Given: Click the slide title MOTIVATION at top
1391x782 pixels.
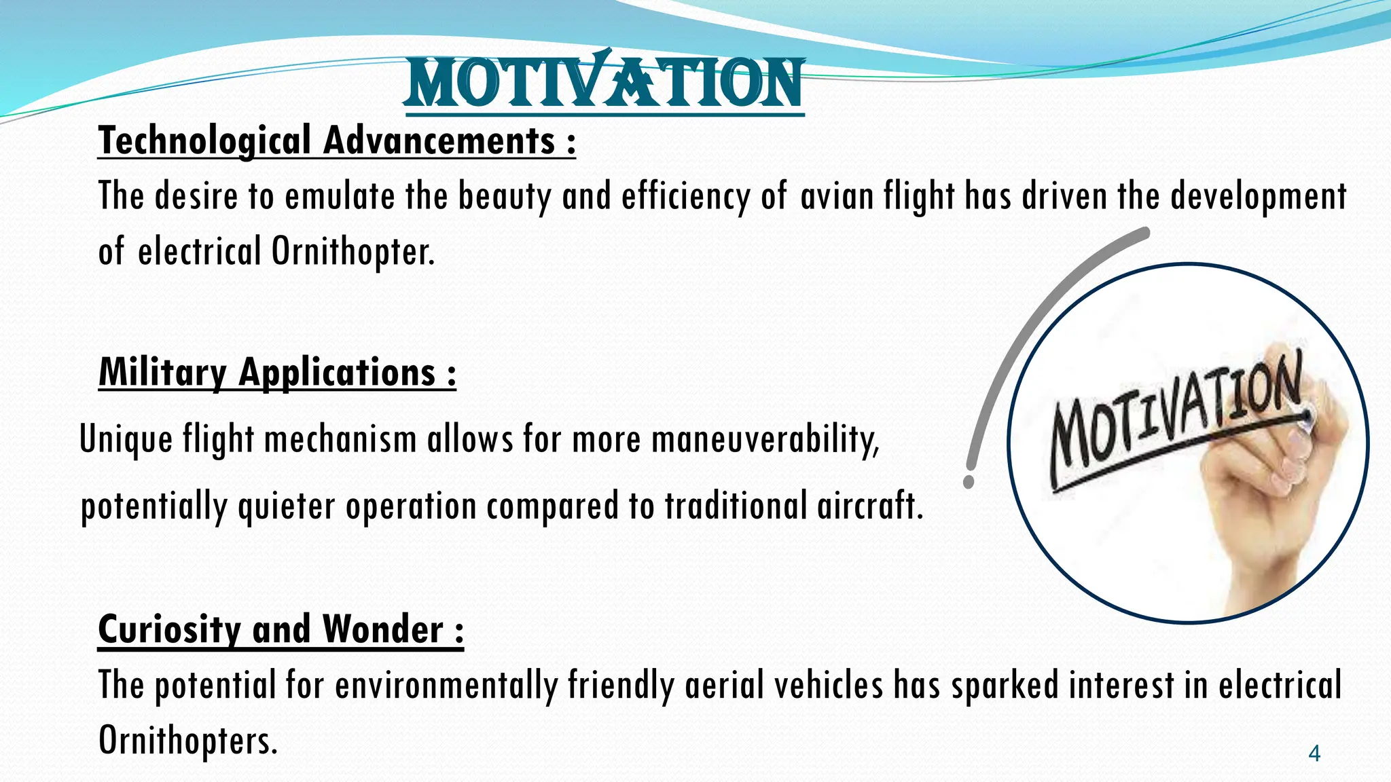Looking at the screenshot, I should click(x=604, y=83).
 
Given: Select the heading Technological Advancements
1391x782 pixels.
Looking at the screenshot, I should click(x=336, y=141).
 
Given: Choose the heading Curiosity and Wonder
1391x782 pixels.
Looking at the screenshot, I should click(x=281, y=629).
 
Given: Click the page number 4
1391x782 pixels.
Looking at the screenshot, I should click(x=1314, y=753).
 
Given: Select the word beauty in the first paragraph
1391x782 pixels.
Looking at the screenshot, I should click(x=504, y=197).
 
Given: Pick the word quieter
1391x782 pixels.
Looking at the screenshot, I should click(x=287, y=506).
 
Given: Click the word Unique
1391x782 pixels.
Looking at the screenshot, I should click(x=126, y=439).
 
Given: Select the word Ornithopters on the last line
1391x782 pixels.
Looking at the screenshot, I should click(x=187, y=740).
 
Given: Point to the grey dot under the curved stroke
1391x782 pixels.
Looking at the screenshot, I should click(x=969, y=482).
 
